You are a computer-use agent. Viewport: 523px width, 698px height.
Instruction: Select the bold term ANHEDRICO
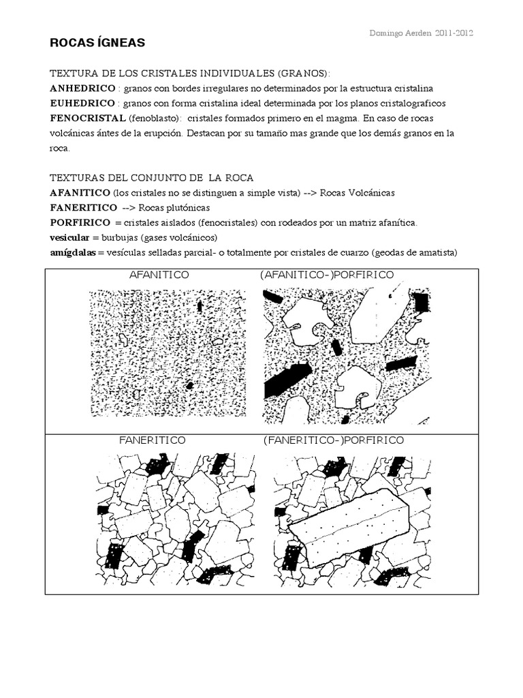tap(81, 89)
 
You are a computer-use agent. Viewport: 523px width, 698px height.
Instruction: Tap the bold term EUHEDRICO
tap(81, 104)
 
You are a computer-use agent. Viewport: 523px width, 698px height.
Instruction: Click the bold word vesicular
tap(70, 237)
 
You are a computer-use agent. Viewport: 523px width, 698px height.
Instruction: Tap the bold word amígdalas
tap(73, 252)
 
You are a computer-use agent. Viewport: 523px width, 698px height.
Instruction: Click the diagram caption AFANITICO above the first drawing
tap(159, 275)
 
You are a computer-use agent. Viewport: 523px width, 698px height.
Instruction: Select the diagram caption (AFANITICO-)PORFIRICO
tap(326, 275)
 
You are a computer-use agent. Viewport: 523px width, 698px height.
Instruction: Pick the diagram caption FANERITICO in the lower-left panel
tap(153, 440)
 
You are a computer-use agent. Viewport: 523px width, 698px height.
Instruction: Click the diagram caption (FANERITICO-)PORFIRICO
tap(334, 440)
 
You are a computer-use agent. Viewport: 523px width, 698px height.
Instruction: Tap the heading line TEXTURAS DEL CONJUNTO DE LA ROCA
tap(152, 178)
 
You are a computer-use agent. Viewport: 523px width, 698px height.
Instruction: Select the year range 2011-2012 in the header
tap(455, 33)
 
